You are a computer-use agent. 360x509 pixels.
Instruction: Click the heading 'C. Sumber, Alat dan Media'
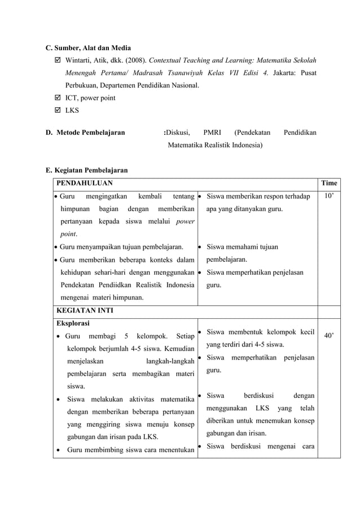(88, 48)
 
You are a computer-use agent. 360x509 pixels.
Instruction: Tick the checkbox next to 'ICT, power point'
(56, 98)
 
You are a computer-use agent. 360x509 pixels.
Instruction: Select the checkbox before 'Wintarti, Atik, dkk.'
(56, 60)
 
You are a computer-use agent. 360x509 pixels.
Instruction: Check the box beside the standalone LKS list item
(56, 111)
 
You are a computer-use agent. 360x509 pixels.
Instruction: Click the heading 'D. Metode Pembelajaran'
(85, 133)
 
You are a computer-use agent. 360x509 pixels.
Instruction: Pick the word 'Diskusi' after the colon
(178, 133)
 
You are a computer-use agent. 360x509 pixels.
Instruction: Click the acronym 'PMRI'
(213, 133)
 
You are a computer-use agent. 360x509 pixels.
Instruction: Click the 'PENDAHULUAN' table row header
(84, 183)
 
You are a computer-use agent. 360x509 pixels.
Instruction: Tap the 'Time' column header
(328, 183)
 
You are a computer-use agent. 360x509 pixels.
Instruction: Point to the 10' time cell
(328, 196)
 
